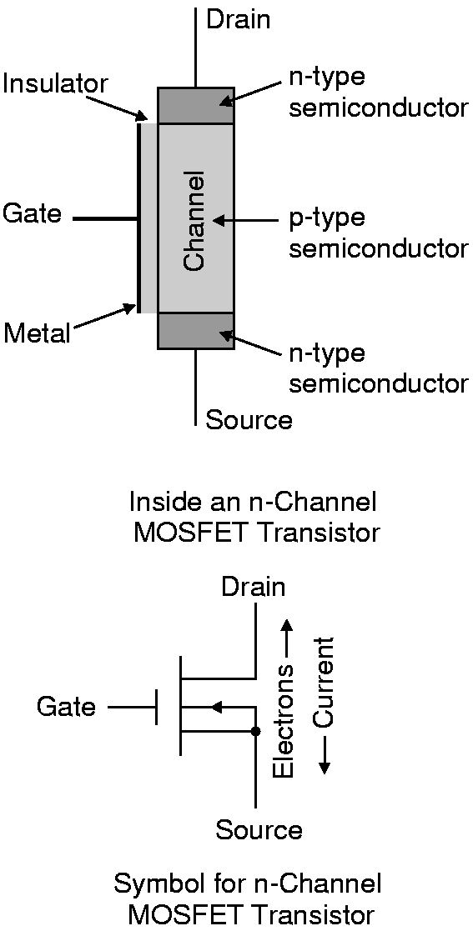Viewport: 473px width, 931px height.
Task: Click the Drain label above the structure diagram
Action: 237,20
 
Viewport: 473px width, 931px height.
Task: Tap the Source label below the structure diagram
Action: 249,420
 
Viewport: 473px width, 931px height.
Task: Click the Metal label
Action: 37,333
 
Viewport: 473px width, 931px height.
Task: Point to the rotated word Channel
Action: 194,222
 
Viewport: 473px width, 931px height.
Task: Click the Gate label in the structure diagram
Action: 32,213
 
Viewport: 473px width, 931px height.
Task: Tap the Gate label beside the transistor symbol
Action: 65,707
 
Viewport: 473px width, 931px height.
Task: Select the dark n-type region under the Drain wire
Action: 195,105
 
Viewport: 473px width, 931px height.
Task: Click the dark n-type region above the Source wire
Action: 195,330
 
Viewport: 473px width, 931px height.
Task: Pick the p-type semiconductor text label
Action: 377,234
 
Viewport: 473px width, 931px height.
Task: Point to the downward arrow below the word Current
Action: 325,754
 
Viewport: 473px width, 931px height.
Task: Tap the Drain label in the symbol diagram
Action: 253,588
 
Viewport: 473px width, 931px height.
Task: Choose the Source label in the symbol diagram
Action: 259,828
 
